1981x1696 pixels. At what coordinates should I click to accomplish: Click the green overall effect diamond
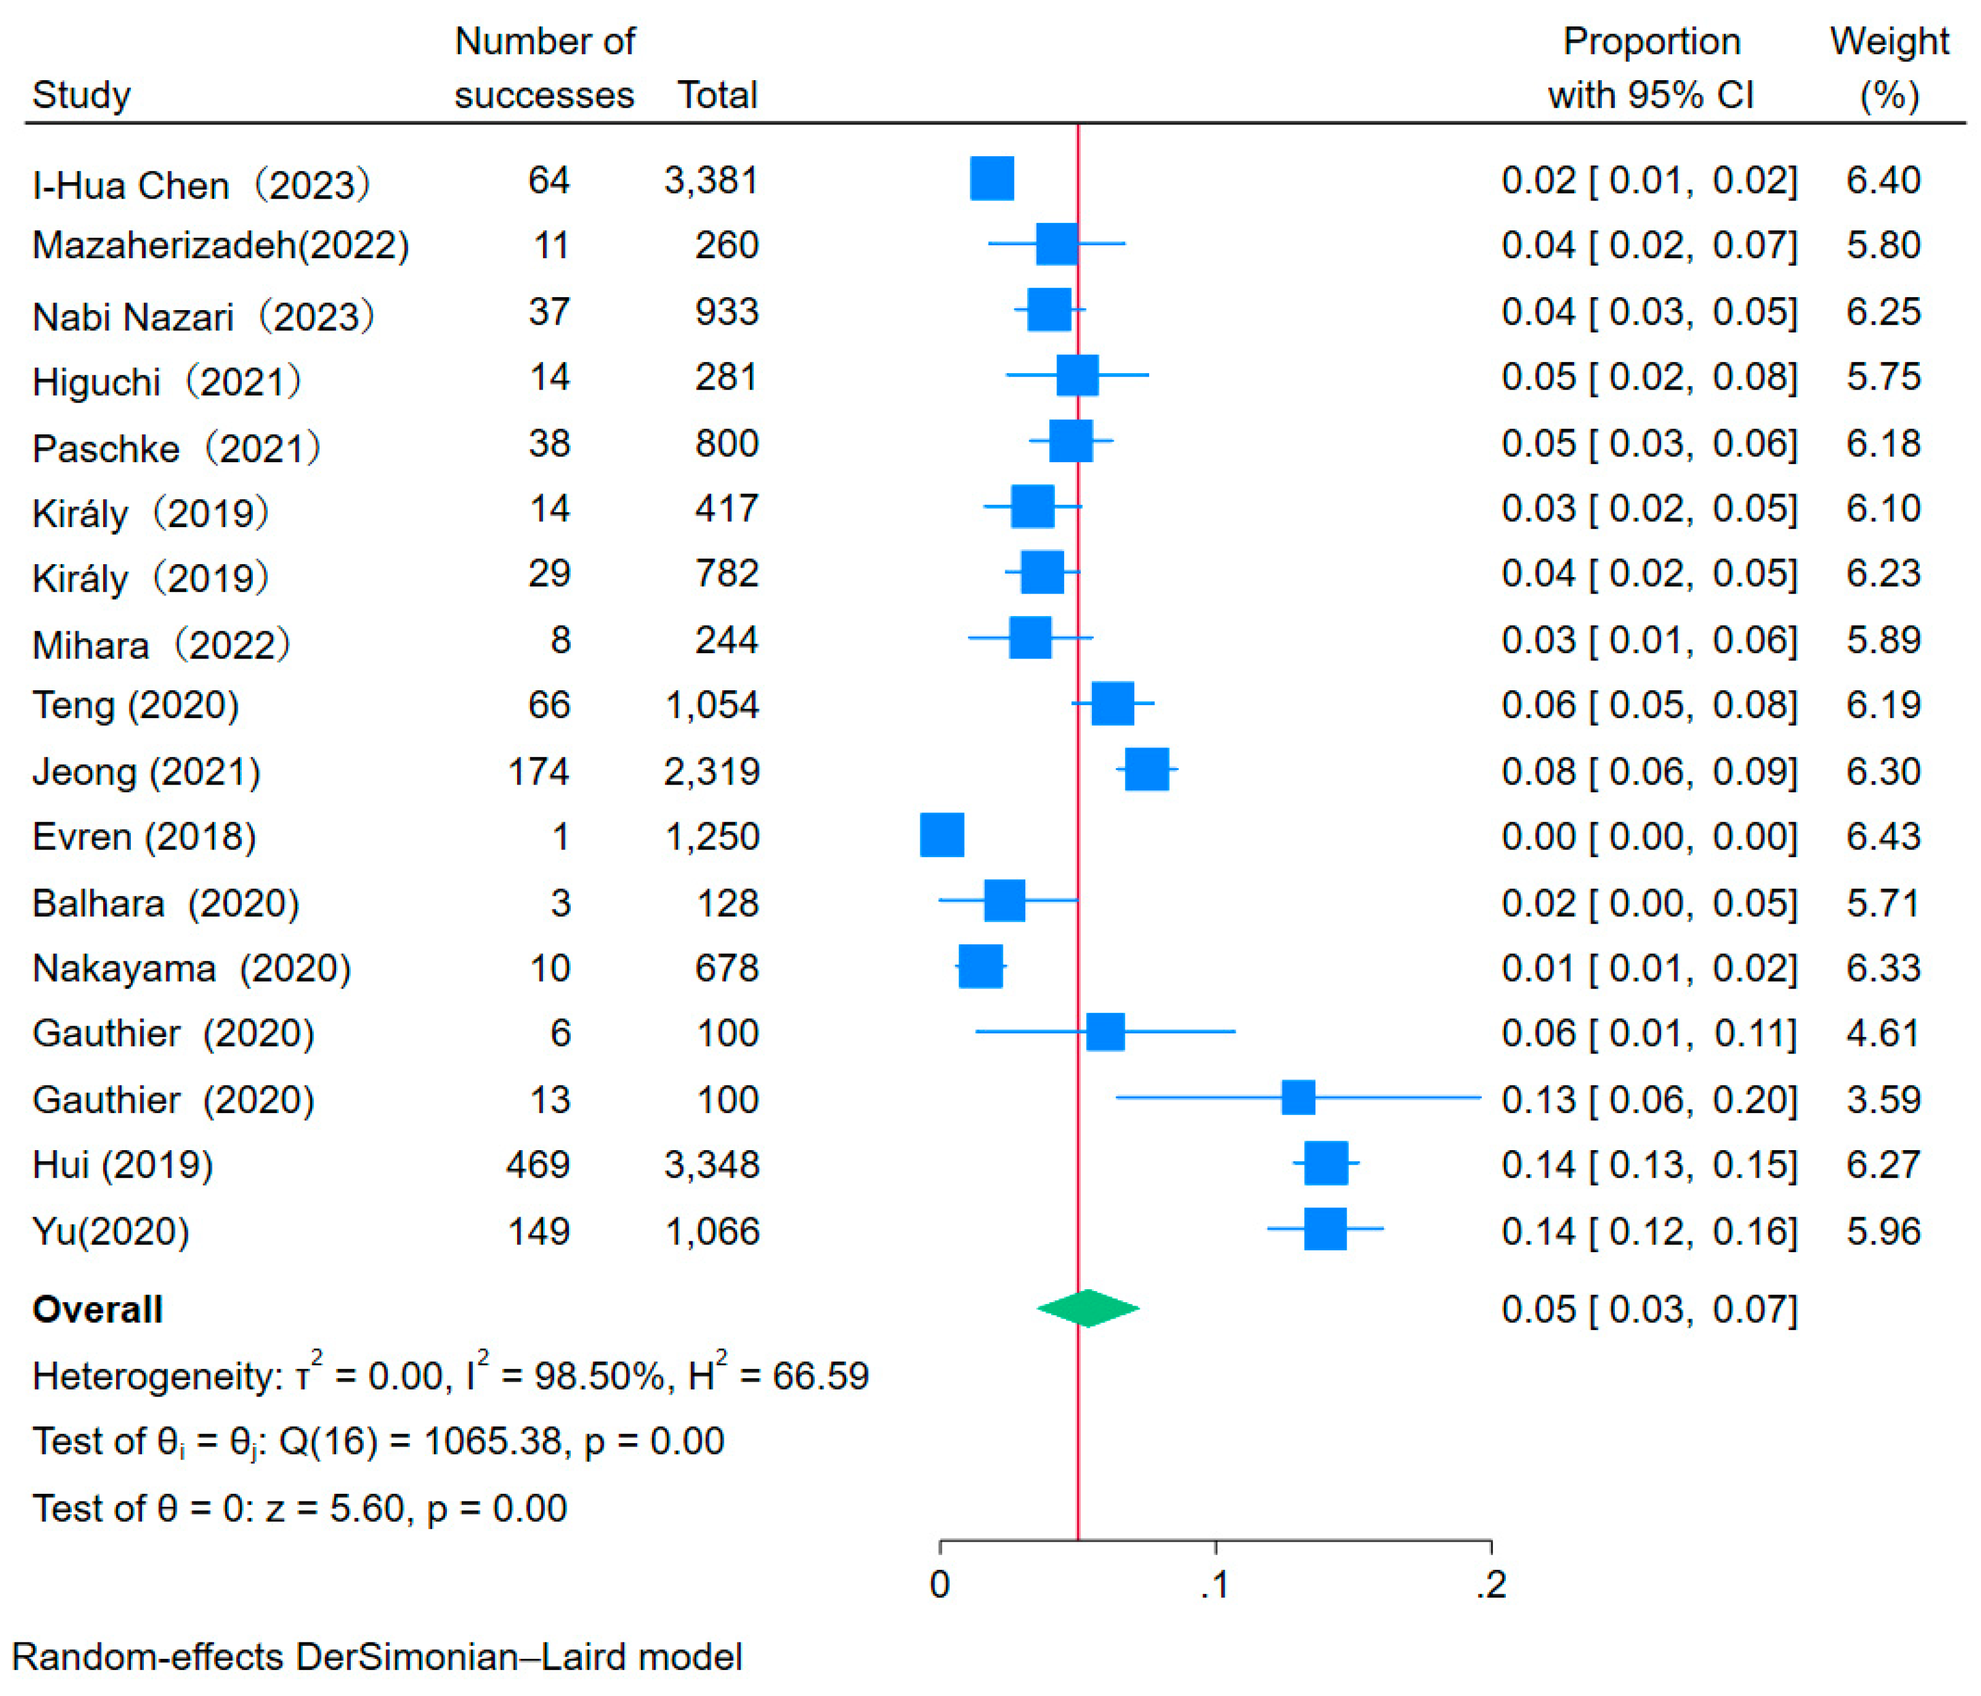point(1088,1308)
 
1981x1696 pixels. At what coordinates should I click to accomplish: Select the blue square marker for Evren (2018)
point(942,835)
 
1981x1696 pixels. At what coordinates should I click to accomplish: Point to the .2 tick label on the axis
point(1490,1585)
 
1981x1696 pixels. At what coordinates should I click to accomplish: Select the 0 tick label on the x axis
point(940,1585)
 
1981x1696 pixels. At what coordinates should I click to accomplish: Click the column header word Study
point(81,95)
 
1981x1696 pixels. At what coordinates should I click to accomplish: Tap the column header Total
point(717,95)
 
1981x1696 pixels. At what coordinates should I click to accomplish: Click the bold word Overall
point(97,1309)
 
